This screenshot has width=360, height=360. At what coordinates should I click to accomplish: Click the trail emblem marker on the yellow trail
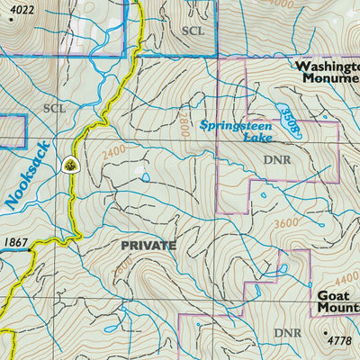[x=69, y=164]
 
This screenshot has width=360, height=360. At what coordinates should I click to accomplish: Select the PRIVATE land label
[x=148, y=245]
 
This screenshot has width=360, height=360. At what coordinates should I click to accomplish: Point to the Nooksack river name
[x=26, y=175]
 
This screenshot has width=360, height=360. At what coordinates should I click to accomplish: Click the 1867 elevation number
[x=16, y=242]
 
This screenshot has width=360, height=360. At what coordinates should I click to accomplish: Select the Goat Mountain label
[x=337, y=301]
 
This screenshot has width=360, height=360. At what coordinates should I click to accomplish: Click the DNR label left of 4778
[x=287, y=333]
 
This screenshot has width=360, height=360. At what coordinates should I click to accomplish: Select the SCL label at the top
[x=193, y=30]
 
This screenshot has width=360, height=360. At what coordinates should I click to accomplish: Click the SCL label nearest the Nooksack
[x=54, y=108]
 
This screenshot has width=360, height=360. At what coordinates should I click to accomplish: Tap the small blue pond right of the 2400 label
[x=145, y=177]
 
